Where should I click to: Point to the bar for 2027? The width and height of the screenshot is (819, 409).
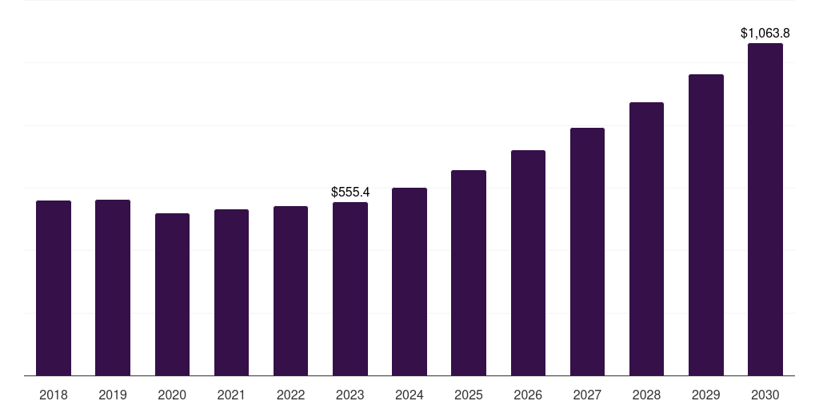click(587, 252)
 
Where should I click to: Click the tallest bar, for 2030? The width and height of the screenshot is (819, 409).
click(765, 209)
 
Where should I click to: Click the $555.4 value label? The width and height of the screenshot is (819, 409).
click(350, 193)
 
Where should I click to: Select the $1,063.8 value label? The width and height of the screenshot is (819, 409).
click(765, 34)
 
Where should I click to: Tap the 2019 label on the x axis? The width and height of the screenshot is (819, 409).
click(113, 395)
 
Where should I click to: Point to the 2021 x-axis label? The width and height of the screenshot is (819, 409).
click(231, 395)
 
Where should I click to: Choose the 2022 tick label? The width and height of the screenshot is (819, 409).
click(290, 395)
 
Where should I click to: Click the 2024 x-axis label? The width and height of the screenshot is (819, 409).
click(409, 395)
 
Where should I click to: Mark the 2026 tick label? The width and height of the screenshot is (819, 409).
click(528, 395)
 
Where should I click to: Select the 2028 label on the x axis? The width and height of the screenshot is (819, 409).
click(646, 395)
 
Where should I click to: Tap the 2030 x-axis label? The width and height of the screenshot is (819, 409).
click(765, 395)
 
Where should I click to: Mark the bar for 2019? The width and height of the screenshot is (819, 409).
click(113, 288)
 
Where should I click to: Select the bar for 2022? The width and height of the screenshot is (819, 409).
click(290, 291)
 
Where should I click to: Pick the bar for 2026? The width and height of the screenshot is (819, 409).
click(528, 263)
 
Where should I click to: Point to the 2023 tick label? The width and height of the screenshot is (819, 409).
click(350, 395)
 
